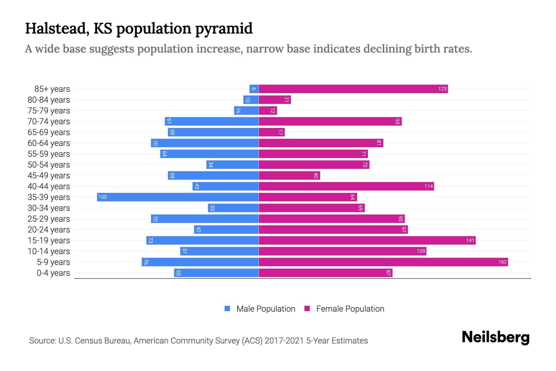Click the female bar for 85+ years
tap(353, 89)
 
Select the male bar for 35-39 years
tap(178, 197)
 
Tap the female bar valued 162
tap(383, 262)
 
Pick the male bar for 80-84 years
tap(251, 100)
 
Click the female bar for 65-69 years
tap(272, 132)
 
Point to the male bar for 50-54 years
tap(232, 165)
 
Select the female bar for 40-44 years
tap(346, 186)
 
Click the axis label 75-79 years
tap(49, 111)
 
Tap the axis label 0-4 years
tap(53, 273)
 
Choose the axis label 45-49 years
tap(49, 176)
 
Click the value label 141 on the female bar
tap(470, 241)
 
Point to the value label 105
tap(103, 197)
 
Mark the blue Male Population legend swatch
tap(227, 309)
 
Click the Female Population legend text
tap(350, 309)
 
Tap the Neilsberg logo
tap(495, 337)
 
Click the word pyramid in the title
tap(224, 29)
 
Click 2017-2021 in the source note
tap(284, 341)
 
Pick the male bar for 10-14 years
tap(219, 251)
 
